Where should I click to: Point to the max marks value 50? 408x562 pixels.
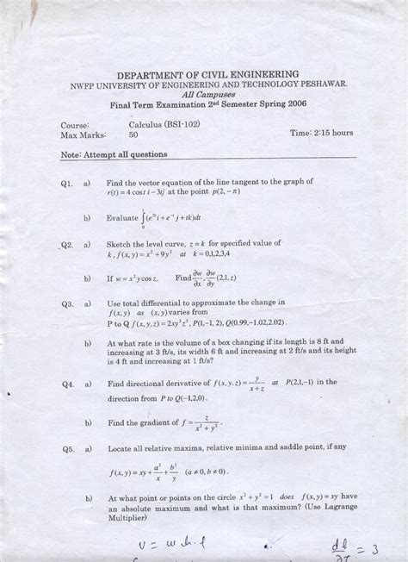click(133, 135)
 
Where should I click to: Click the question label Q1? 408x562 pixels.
click(69, 184)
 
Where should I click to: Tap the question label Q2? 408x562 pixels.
click(69, 246)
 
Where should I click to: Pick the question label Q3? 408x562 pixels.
click(69, 304)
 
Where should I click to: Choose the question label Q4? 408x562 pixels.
click(69, 383)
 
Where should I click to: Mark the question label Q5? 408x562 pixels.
click(69, 450)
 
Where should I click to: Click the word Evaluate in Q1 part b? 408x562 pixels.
click(122, 219)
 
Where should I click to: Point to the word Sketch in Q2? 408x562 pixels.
click(120, 245)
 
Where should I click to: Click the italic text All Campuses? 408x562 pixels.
click(204, 95)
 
